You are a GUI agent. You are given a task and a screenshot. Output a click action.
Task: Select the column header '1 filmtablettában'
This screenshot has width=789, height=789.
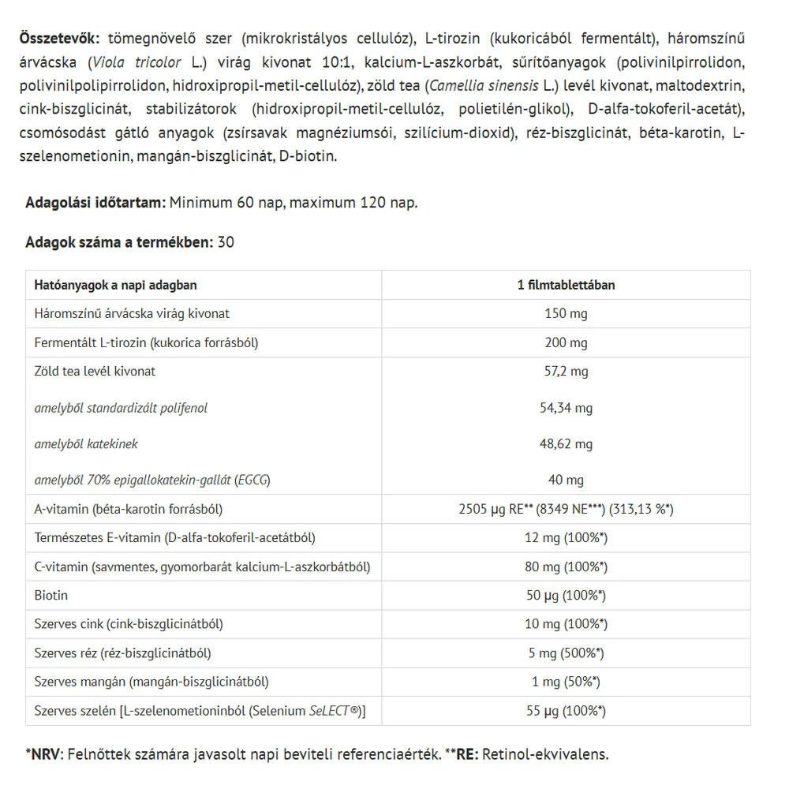[566, 285]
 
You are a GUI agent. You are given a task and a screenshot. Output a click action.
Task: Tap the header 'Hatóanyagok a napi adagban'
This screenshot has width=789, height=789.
[116, 285]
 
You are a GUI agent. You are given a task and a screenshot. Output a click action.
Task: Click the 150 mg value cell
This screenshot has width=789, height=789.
[566, 313]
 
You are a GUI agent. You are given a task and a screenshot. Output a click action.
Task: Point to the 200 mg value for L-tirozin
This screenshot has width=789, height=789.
[566, 342]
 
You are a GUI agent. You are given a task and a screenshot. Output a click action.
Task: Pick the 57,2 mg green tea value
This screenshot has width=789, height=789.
[566, 371]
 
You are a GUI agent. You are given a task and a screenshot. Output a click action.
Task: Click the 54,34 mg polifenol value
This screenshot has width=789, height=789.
[566, 408]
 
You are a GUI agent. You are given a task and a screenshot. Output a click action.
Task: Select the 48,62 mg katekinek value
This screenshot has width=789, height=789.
[566, 444]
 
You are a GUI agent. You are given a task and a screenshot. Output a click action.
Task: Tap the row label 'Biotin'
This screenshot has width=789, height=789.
[51, 595]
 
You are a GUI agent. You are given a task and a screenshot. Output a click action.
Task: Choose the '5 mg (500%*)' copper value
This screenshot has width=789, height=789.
[566, 653]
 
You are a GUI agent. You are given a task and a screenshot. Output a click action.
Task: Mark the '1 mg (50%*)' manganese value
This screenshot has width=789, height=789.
[566, 682]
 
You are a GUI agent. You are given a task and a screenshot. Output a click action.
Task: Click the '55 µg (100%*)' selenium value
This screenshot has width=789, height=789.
[566, 711]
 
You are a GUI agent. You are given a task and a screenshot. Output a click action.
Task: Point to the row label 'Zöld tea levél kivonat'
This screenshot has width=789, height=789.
[95, 371]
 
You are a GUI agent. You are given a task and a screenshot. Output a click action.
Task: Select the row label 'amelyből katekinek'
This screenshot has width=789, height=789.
[87, 444]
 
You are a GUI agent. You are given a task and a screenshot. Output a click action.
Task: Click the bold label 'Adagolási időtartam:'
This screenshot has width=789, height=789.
[95, 203]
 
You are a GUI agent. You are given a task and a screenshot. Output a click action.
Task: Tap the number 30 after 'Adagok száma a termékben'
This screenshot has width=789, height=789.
[226, 242]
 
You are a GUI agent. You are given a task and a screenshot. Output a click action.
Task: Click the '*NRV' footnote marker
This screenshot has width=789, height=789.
[43, 753]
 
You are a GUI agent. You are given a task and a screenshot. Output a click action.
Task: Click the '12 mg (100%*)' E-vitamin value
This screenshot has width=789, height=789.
[566, 538]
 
